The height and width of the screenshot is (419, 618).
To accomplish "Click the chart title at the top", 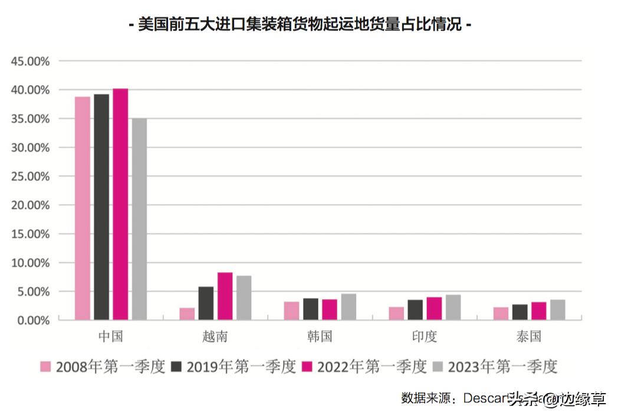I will tap(300, 25).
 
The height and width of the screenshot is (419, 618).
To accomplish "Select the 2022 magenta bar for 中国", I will tap(120, 204).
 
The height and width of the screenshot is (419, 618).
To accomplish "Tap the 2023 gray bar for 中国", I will tap(139, 219).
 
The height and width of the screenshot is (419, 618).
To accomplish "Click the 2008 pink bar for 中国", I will tap(83, 208).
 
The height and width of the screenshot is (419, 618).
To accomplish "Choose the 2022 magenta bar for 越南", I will tap(225, 296).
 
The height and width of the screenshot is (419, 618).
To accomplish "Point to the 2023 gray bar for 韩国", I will tap(349, 307).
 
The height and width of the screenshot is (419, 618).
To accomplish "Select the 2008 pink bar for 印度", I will tap(396, 313).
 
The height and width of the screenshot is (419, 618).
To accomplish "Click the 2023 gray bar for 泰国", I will tap(557, 310).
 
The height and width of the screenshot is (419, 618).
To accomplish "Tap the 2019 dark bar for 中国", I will tap(101, 207).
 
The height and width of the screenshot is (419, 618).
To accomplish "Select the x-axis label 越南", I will tap(215, 337).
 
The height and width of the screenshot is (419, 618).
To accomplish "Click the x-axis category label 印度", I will tap(425, 337).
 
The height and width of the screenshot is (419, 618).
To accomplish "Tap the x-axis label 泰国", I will tap(528, 337).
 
